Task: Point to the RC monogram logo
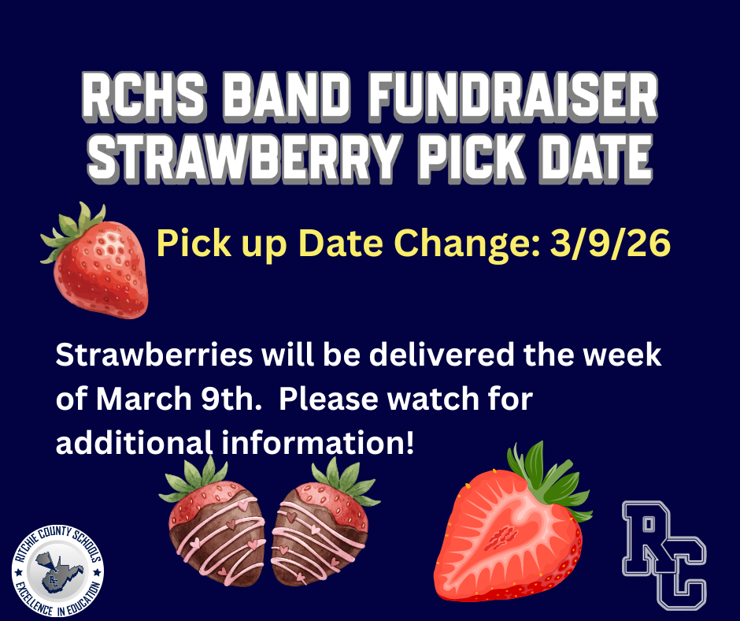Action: click(665, 554)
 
